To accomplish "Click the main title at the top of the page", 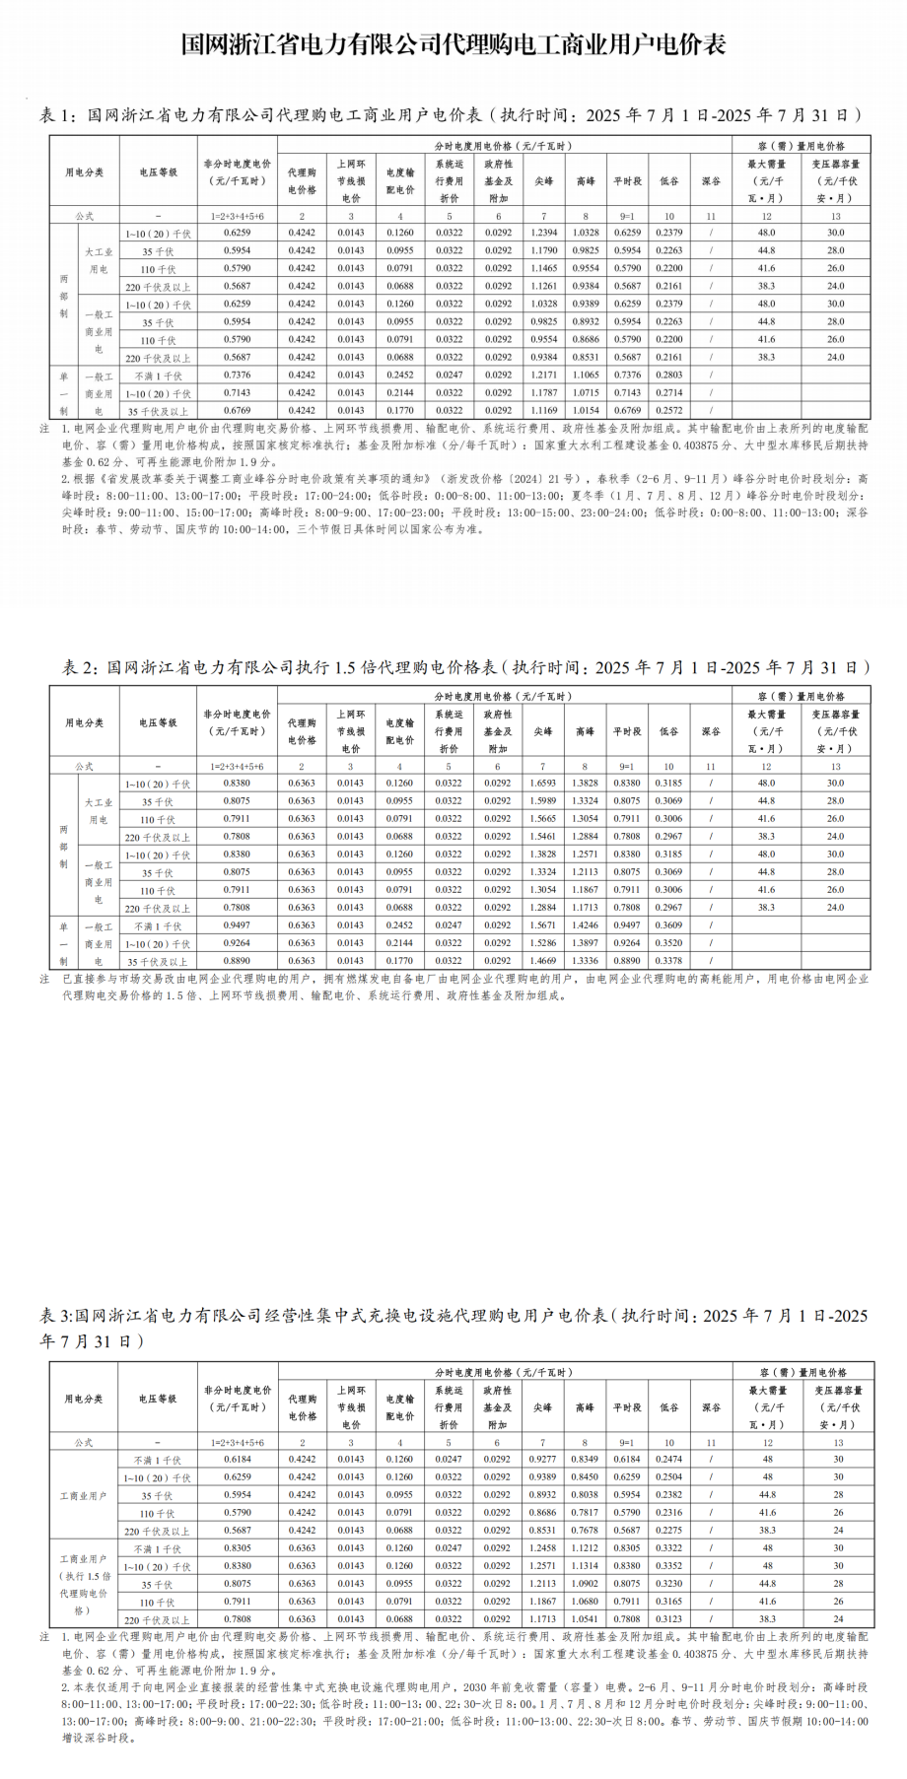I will pos(453,45).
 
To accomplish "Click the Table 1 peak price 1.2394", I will pos(544,233).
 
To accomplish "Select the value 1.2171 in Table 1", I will pos(544,376).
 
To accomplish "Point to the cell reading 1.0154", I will pos(586,411).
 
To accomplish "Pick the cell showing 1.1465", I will pos(544,268).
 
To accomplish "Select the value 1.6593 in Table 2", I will pos(543,784).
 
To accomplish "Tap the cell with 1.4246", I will pos(585,925).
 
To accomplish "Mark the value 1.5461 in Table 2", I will pos(543,837).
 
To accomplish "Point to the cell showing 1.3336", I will pos(585,961).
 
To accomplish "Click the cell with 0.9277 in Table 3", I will pos(542,1460).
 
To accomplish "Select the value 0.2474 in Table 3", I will pos(668,1460).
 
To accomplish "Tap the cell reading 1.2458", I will pos(542,1548).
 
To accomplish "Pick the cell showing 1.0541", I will pos(585,1619).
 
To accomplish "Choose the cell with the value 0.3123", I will pos(668,1619).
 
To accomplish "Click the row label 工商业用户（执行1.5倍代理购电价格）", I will pos(84,1584).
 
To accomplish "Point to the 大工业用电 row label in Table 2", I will pos(99,810).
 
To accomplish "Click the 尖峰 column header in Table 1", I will pos(544,181).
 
